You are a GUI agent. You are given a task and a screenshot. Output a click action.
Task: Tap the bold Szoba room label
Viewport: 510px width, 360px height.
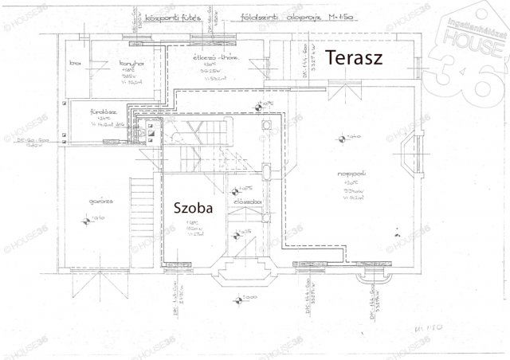coord(194,208)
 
